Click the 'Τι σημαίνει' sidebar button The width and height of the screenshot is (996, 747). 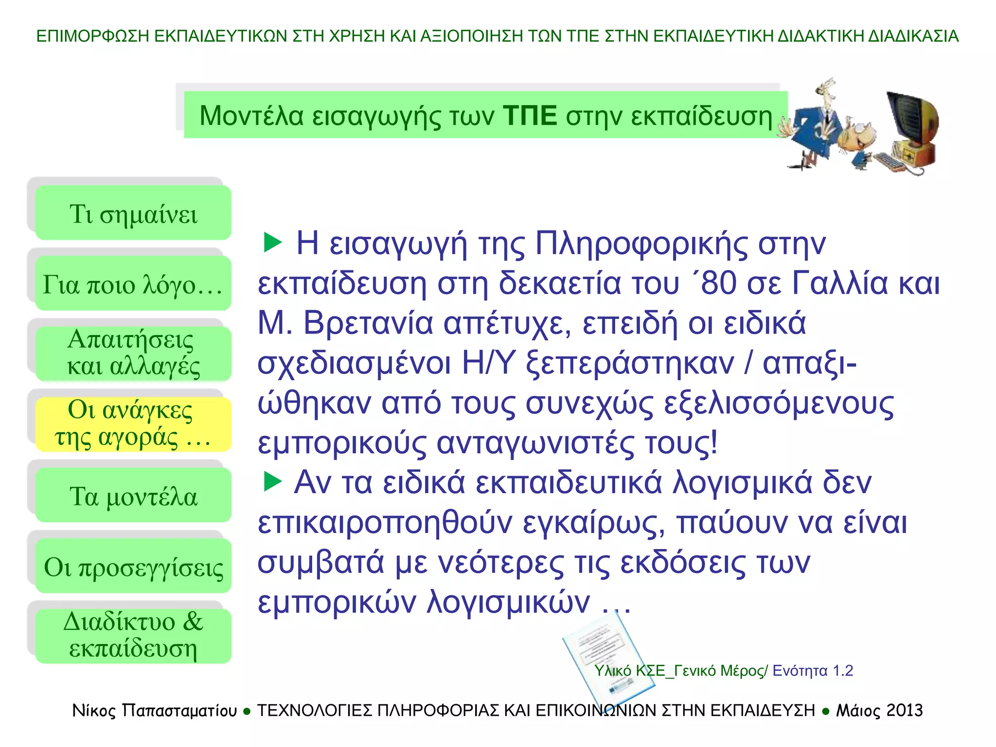tap(133, 213)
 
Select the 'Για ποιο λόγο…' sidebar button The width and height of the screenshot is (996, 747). tap(133, 284)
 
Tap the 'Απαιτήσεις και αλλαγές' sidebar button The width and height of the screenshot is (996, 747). tap(133, 354)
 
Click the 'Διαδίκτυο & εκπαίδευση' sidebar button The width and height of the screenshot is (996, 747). tap(133, 636)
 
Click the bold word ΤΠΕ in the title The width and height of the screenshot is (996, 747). tap(530, 116)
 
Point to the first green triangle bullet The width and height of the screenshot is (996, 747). tap(272, 242)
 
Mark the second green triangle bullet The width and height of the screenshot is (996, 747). tap(272, 481)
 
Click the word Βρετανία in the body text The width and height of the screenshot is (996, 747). tap(368, 323)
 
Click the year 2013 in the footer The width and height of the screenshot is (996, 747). tap(904, 711)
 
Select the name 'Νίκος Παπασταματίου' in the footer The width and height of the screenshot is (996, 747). tap(155, 711)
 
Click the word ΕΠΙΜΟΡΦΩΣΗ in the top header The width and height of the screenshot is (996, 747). tap(92, 36)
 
